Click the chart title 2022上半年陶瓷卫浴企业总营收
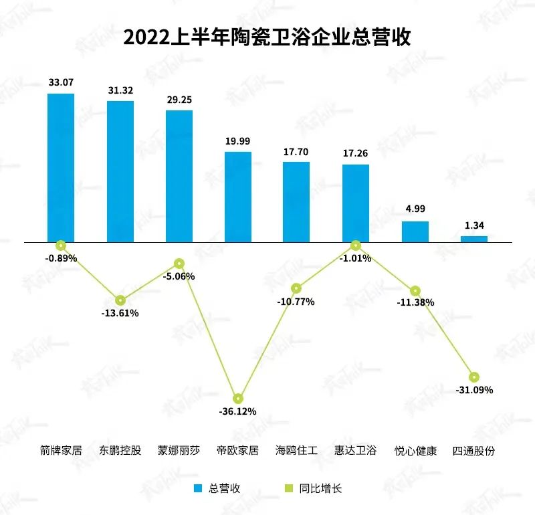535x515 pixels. click(x=267, y=37)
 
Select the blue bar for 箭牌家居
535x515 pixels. click(x=61, y=167)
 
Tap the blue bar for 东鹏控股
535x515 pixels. click(x=120, y=171)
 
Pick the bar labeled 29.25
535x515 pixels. click(x=179, y=175)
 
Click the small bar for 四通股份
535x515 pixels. click(x=474, y=238)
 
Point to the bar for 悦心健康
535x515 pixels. click(x=415, y=231)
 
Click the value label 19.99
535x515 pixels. click(x=237, y=140)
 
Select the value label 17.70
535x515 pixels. click(x=296, y=151)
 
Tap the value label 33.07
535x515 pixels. click(x=61, y=83)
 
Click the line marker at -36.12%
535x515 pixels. click(x=238, y=399)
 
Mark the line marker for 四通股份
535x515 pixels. click(x=474, y=377)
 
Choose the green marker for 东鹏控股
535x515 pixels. click(x=120, y=300)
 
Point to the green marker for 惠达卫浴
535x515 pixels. click(x=356, y=245)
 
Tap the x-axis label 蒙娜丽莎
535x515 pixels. click(x=179, y=450)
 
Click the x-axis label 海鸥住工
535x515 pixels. click(x=296, y=450)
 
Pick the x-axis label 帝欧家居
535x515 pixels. click(x=237, y=450)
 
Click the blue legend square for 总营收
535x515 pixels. click(x=198, y=488)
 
